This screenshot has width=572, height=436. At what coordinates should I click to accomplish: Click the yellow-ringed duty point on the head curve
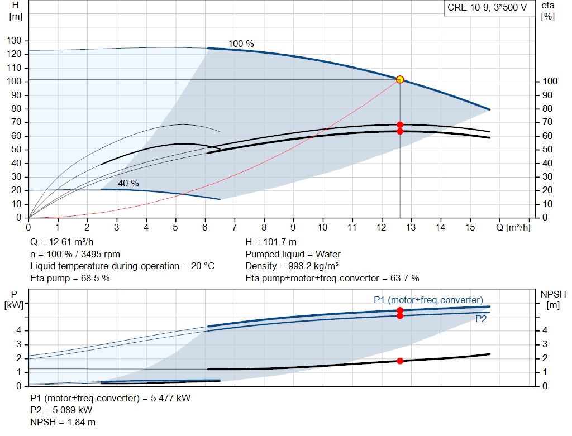coord(400,80)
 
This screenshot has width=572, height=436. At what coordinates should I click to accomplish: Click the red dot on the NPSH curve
coord(400,361)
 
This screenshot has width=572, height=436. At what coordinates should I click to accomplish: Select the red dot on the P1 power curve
coord(400,310)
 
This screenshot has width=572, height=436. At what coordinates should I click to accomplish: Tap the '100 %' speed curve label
coord(241,44)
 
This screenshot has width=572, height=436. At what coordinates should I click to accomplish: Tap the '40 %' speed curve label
coord(128,183)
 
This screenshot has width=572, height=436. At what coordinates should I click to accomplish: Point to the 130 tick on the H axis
coord(15,41)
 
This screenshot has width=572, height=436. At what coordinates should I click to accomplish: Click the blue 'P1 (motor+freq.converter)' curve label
coord(428,300)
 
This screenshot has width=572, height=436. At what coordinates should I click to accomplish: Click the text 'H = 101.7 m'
coord(271,242)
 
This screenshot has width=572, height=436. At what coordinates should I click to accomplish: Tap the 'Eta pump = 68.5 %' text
coord(70,278)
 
